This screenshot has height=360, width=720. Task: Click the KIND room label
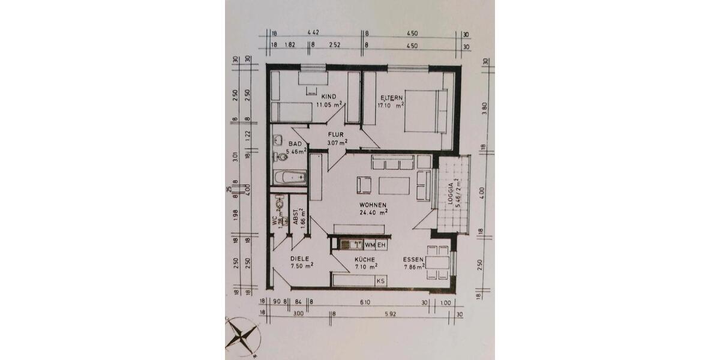[328, 97]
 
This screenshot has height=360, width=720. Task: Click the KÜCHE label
[365, 259]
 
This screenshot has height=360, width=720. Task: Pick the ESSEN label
[414, 260]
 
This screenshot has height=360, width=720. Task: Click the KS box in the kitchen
[380, 280]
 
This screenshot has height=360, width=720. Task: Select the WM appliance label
[370, 245]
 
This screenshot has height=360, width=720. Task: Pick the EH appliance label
[381, 245]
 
